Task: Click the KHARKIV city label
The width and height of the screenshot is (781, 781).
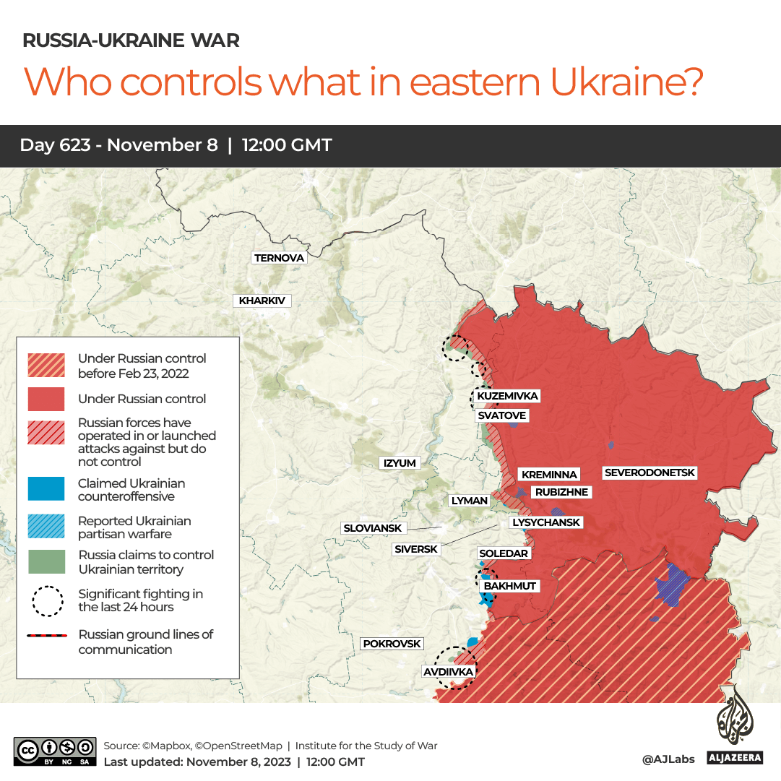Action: (262, 301)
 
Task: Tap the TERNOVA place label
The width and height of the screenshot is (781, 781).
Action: (279, 258)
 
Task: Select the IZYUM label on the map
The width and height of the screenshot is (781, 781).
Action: (400, 463)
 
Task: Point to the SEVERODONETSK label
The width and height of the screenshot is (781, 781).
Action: (650, 473)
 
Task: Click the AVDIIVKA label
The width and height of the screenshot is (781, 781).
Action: (448, 672)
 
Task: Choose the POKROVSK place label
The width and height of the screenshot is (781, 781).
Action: (392, 644)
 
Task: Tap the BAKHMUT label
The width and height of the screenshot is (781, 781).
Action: (510, 586)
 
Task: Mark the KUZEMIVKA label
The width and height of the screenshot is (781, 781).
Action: (508, 396)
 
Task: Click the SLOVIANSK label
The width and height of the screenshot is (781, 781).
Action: (373, 528)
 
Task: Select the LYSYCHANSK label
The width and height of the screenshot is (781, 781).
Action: (545, 522)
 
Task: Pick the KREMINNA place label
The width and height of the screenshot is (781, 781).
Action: (549, 475)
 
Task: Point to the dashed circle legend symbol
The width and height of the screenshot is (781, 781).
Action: (48, 600)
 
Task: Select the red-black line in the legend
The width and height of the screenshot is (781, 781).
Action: (48, 636)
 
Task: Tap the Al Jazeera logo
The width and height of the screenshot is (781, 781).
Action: (735, 729)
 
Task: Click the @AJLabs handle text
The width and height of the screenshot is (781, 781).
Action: (668, 759)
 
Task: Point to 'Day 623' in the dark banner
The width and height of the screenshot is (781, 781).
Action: (55, 145)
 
